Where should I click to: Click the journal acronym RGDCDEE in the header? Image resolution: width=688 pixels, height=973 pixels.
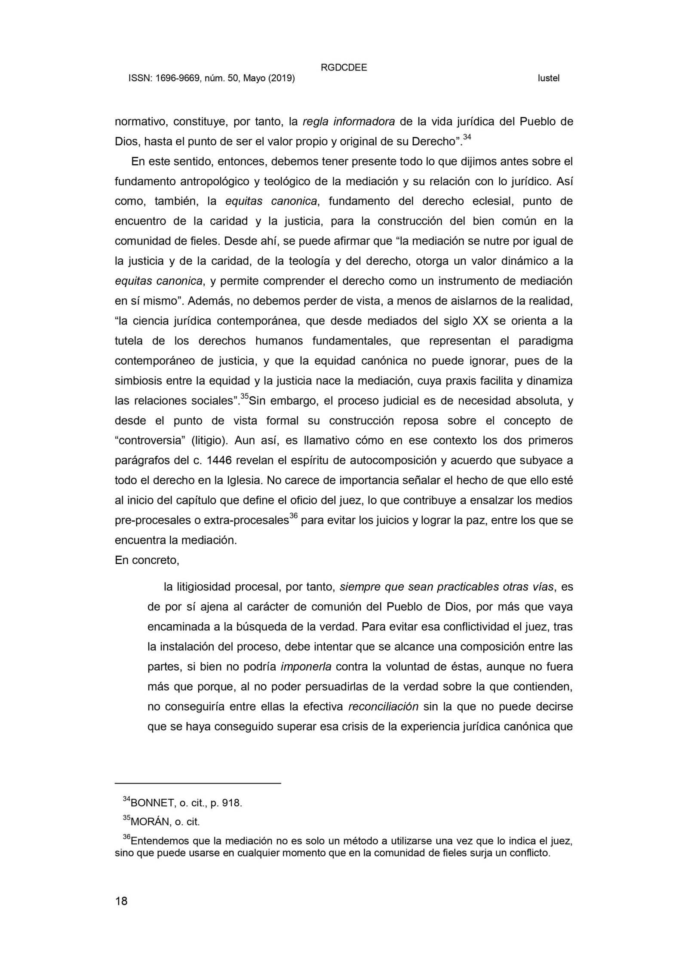click(x=344, y=68)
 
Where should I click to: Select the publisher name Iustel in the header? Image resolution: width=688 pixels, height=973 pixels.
click(x=548, y=79)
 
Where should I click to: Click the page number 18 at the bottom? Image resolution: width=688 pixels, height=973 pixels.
click(x=121, y=901)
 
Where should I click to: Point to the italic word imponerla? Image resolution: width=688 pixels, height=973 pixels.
click(x=306, y=667)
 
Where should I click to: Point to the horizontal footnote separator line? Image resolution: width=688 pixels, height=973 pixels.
click(x=198, y=783)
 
